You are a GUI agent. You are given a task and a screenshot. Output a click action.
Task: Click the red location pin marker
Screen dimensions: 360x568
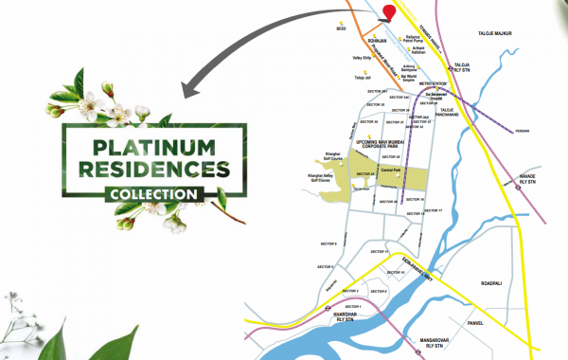386,10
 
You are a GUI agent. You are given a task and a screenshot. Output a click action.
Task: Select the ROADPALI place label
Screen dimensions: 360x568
499,282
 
